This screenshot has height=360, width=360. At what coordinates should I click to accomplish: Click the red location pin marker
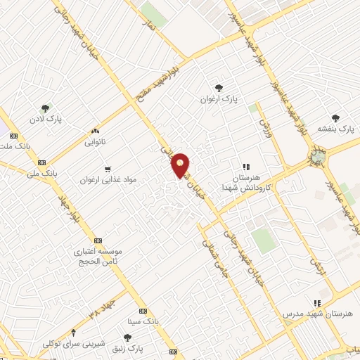click(181, 165)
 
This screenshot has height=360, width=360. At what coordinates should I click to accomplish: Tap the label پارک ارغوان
click(219, 100)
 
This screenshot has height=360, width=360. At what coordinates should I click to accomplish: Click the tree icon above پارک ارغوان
click(219, 88)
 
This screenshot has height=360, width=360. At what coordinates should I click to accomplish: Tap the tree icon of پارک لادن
click(45, 108)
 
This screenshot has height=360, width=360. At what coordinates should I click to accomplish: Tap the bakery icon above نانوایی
click(95, 131)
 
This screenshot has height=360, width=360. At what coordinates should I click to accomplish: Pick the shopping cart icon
click(107, 169)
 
